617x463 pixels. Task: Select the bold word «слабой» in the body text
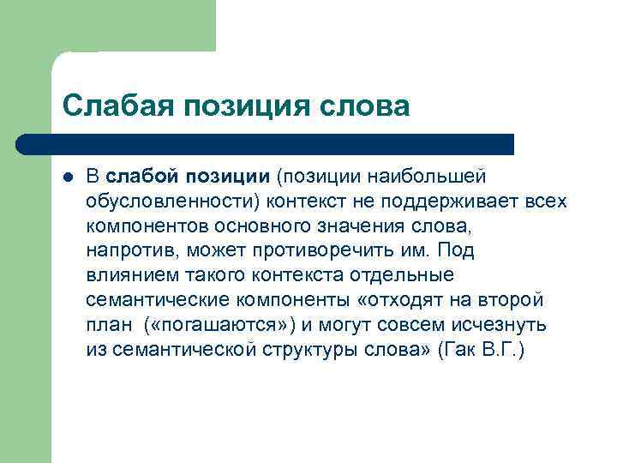141,176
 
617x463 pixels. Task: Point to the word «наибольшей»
428,176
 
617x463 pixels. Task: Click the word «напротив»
123,251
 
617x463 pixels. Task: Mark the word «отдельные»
399,276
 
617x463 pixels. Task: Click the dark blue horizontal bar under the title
266,143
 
